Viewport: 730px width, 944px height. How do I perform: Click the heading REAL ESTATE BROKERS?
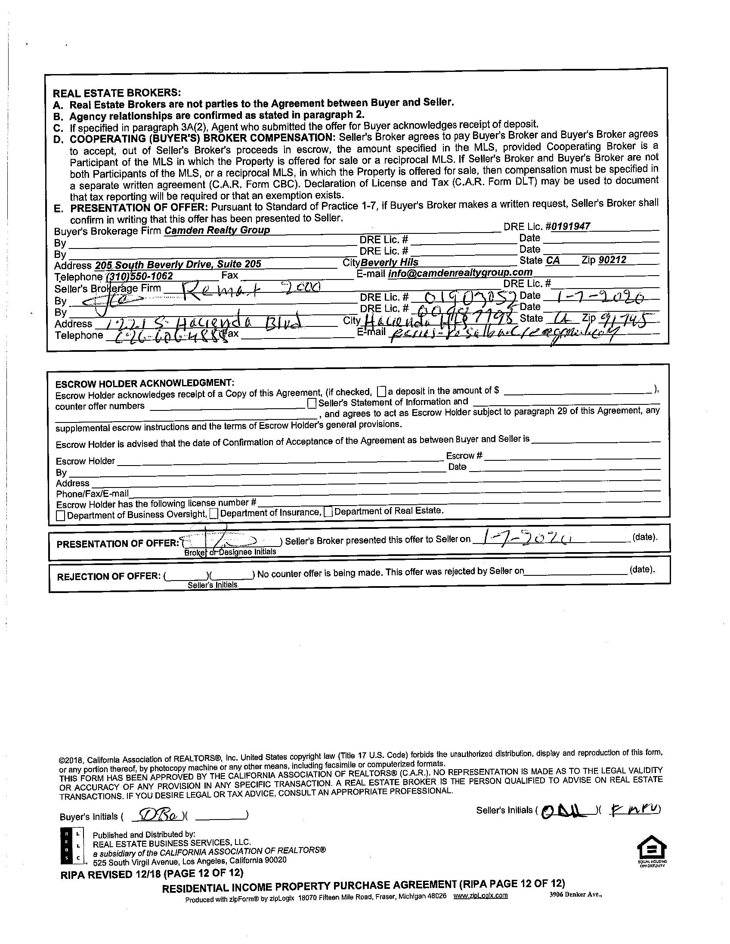tap(116, 93)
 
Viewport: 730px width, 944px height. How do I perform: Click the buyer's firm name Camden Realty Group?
tap(217, 230)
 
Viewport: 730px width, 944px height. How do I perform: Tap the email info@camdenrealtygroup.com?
tap(460, 273)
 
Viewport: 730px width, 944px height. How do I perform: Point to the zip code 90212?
tap(612, 260)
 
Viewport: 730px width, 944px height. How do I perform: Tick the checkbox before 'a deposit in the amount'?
tap(381, 391)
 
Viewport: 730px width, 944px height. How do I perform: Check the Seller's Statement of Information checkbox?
tap(312, 404)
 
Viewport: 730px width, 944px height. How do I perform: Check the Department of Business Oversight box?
tap(61, 515)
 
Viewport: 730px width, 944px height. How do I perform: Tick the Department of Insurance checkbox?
tap(214, 513)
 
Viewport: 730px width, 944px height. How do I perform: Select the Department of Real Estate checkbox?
tap(328, 512)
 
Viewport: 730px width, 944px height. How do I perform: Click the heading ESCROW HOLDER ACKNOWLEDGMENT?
tap(145, 383)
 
